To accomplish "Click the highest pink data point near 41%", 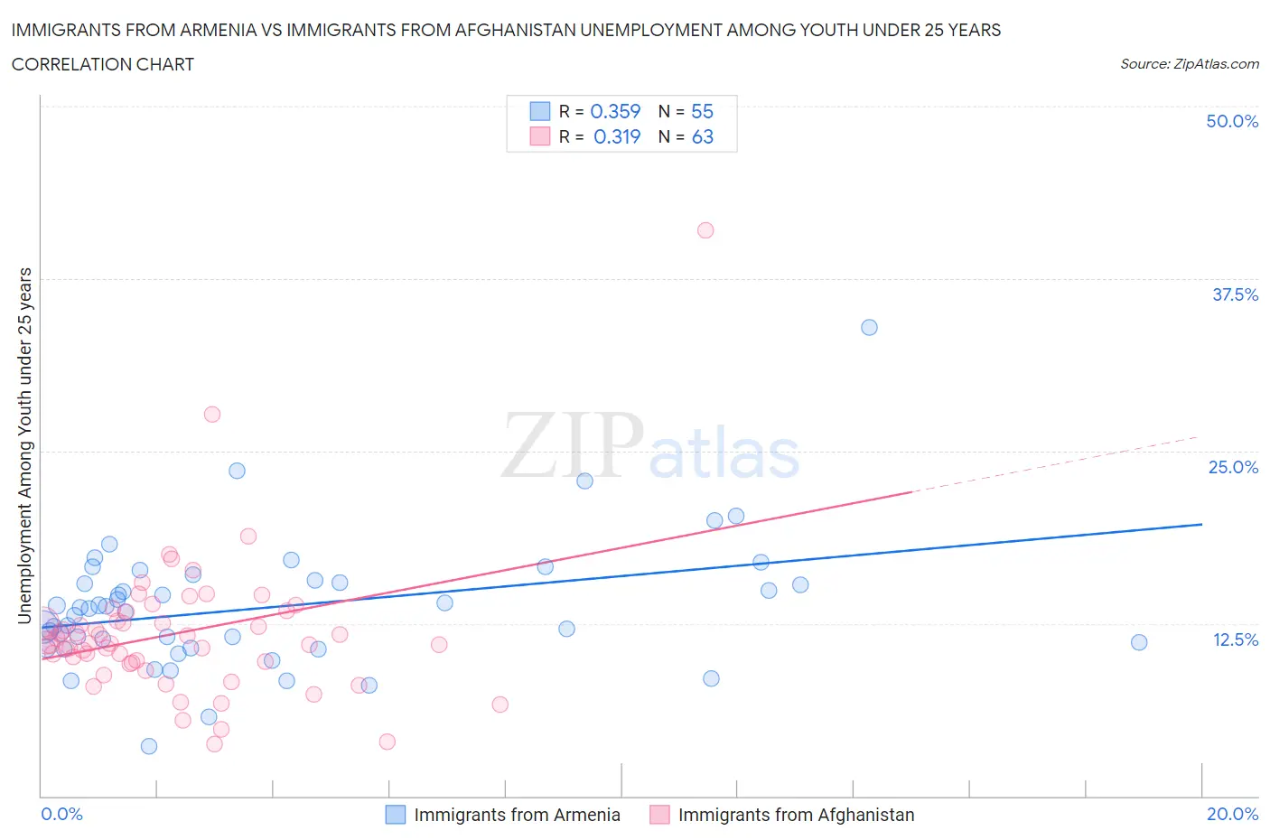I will coord(705,230).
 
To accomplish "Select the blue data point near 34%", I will coord(869,327).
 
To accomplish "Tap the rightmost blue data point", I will coord(1139,642).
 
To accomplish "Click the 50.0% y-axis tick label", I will coord(1232,121).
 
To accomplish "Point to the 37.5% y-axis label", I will coord(1235,294).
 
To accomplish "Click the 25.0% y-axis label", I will coord(1233,467).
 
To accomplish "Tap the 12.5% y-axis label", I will coord(1235,639).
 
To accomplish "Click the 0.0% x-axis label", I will coord(61,814).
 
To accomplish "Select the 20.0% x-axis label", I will coord(1232,814).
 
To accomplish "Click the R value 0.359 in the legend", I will coord(615,111).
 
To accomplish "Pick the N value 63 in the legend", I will coord(702,136).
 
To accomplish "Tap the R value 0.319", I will coord(617,136).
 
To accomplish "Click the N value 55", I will coord(702,111).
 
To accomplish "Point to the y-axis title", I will coord(25,445).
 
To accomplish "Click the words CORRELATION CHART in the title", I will coord(103,64).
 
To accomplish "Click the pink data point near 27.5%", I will coord(212,415).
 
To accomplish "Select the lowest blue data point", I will coord(149,746).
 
